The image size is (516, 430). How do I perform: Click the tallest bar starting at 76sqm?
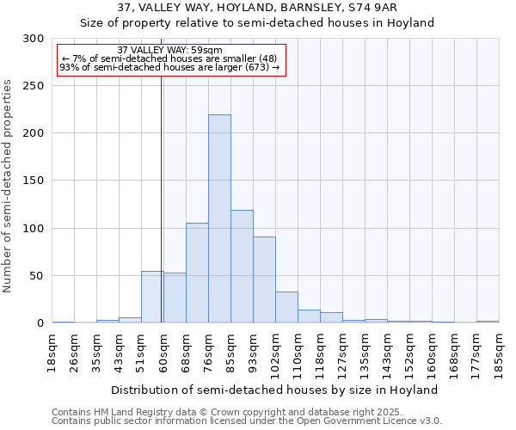219,219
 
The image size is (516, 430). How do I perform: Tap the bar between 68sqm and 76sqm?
197,273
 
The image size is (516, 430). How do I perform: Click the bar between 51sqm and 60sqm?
152,297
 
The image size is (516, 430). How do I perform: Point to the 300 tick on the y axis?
34,39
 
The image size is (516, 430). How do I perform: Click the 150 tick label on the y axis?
34,181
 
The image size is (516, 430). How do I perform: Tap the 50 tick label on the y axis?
37,276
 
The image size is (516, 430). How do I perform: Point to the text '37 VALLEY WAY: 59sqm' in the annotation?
169,50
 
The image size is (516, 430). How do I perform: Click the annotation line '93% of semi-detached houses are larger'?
169,67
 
